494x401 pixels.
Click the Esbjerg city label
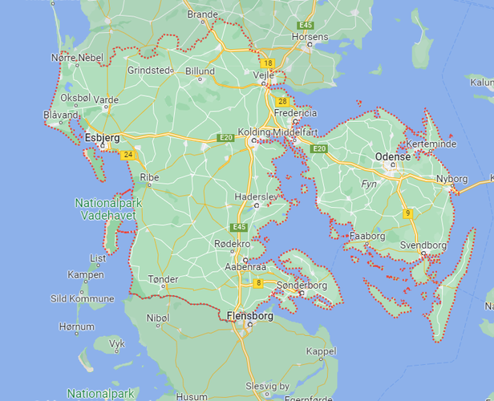[102, 138]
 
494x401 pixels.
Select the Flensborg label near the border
[249, 316]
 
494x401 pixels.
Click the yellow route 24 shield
[128, 155]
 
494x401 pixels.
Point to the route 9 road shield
[407, 213]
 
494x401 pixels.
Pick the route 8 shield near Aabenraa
[258, 283]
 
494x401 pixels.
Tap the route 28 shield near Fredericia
[281, 102]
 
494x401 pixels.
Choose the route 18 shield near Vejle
[267, 63]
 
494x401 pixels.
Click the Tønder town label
[163, 280]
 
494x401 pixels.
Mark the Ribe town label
[150, 178]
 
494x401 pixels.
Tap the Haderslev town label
[255, 196]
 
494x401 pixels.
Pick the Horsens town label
[310, 37]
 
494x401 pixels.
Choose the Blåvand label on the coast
[61, 115]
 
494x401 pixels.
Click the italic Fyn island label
[370, 184]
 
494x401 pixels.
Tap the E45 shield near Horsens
[304, 26]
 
